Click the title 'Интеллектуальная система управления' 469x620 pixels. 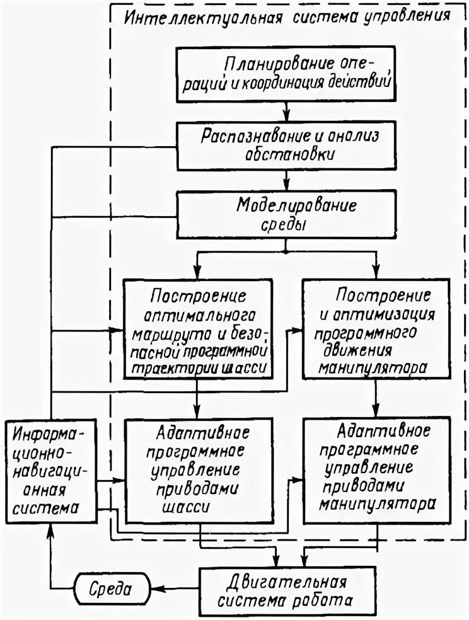pyautogui.click(x=287, y=16)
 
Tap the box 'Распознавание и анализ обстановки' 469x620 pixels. pyautogui.click(x=287, y=146)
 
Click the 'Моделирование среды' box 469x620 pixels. pyautogui.click(x=287, y=215)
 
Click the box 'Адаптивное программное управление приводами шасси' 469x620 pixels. pyautogui.click(x=199, y=469)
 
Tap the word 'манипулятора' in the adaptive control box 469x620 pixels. pyautogui.click(x=376, y=503)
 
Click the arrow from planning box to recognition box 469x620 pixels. pyautogui.click(x=287, y=113)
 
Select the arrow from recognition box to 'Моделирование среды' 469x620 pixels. pyautogui.click(x=287, y=183)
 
